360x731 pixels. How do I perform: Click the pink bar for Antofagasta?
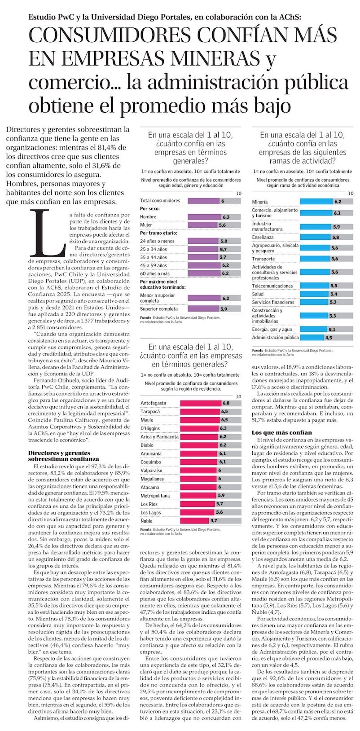(201, 403)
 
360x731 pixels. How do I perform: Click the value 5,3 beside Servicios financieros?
(333, 302)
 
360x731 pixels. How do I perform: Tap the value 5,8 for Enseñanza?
(335, 237)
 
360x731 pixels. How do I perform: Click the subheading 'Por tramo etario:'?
(158, 233)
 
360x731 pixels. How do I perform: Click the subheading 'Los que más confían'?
(281, 432)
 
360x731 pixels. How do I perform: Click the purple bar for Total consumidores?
(203, 201)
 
